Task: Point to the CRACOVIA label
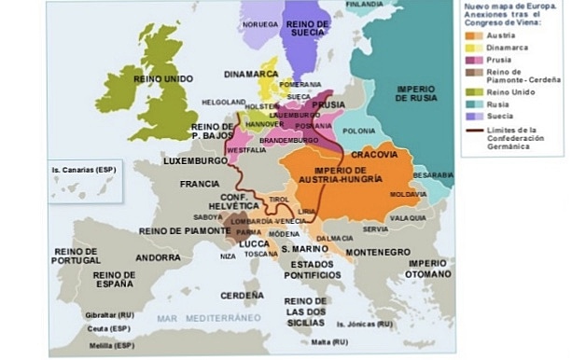(x=376, y=153)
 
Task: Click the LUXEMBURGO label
(x=196, y=160)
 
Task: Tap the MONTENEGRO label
(x=378, y=252)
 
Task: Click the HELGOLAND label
(x=225, y=102)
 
